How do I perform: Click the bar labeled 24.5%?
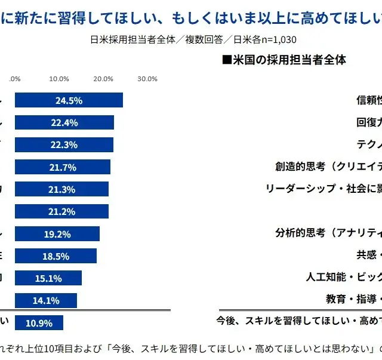pos(69,100)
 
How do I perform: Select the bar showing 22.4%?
pos(64,122)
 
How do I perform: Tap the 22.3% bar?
pos(64,144)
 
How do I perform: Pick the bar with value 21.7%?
pos(63,167)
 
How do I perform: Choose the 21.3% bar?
pos(61,189)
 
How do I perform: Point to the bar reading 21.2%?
pos(61,211)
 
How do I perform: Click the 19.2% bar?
pos(57,233)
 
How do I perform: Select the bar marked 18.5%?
pos(56,256)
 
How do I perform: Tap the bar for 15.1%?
pos(48,278)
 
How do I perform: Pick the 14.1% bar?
pos(46,300)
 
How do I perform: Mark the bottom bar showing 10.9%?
pos(39,323)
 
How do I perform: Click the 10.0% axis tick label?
pos(59,79)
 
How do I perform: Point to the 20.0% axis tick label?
pos(103,79)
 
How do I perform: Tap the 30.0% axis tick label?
pos(147,79)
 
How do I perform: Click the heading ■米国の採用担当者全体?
pos(284,60)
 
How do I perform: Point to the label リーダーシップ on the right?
pos(301,189)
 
